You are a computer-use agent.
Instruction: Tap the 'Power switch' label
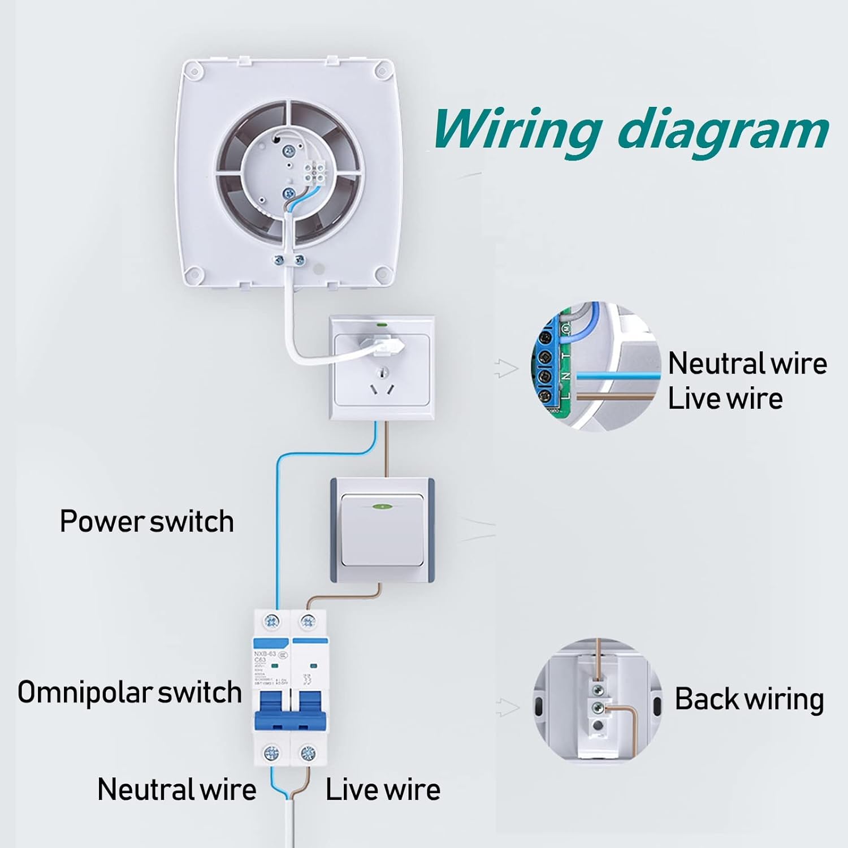pos(147,521)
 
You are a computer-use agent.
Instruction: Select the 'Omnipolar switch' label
pos(130,692)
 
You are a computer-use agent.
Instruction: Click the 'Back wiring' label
pos(749,699)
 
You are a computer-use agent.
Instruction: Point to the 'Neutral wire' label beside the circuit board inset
pos(747,363)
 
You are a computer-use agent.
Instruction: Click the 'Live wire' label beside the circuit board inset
pos(725,398)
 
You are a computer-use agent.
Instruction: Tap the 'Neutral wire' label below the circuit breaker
pos(176,789)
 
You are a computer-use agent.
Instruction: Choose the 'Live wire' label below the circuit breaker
pos(383,790)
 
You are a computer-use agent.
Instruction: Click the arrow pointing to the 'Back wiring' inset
pos(507,707)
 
